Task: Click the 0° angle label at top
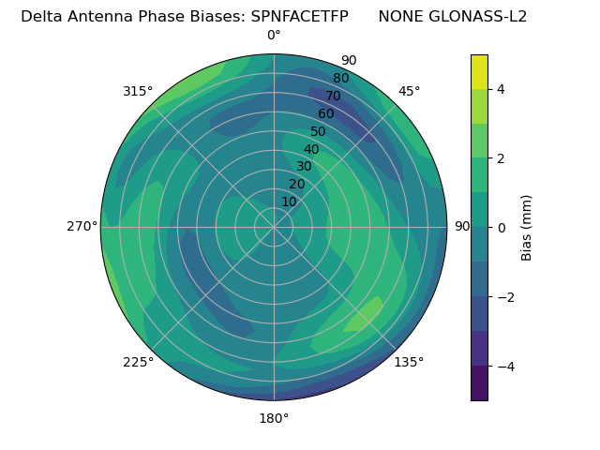point(274,36)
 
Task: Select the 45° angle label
point(409,91)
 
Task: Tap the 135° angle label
point(409,362)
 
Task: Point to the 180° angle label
point(274,418)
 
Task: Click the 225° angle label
point(138,362)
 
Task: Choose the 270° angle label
point(82,227)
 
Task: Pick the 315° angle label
point(138,91)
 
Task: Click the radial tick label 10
point(289,202)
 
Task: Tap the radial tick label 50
point(319,132)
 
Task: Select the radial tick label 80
point(341,79)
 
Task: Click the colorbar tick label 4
point(502,89)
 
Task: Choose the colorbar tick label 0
point(502,227)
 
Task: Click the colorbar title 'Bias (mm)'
point(527,227)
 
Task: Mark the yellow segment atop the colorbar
point(479,71)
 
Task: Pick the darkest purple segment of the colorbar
point(479,382)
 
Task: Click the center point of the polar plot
point(274,227)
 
